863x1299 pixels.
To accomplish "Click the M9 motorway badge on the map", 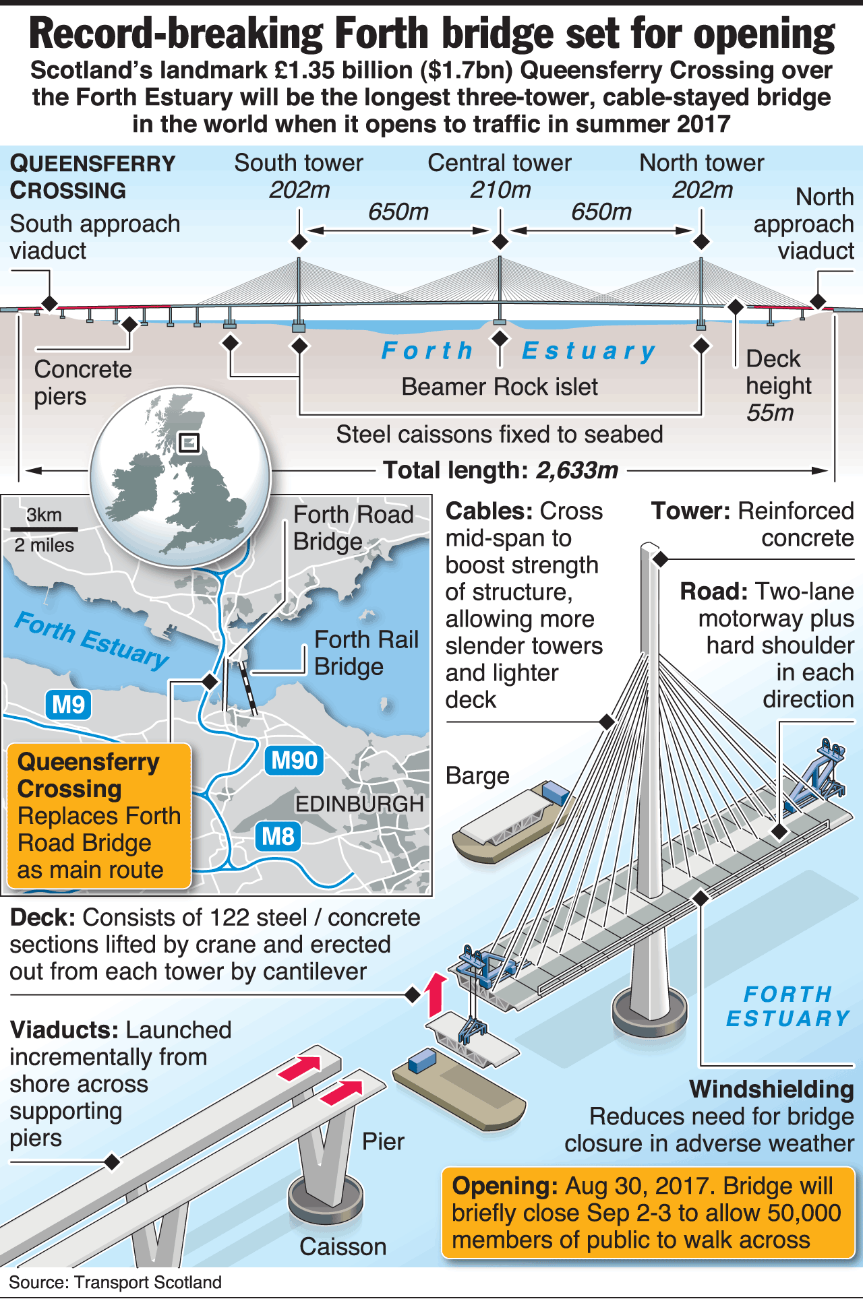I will (68, 705).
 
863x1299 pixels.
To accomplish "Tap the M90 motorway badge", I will (294, 761).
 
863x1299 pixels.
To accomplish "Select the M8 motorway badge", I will (278, 837).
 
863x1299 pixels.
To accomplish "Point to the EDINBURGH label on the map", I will (359, 804).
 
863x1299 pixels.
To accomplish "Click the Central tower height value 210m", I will (500, 191).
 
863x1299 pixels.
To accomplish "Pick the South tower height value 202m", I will (299, 191).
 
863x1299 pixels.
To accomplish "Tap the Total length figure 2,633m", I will (577, 470).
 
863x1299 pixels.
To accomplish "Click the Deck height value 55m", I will (770, 413).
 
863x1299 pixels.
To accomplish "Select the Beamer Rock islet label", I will (500, 387).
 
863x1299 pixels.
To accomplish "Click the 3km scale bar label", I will (44, 515).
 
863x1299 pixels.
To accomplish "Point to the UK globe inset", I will (181, 477).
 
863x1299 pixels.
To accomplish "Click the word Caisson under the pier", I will (343, 1246).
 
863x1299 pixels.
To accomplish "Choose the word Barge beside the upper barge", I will (477, 776).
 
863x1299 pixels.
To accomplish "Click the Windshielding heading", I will (771, 1089).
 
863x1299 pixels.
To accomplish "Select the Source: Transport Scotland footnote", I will (115, 1282).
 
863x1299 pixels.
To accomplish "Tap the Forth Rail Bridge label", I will (366, 653).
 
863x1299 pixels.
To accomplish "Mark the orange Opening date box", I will (647, 1213).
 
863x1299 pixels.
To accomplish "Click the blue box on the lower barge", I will (422, 1061).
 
